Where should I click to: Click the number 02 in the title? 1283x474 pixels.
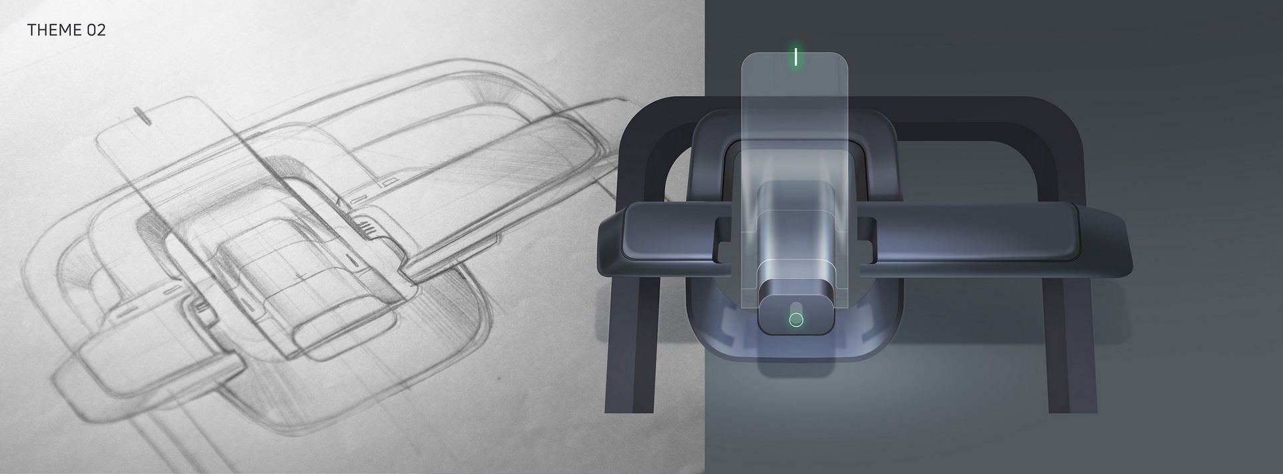pyautogui.click(x=96, y=30)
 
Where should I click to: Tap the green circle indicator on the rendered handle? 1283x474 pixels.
pyautogui.click(x=795, y=320)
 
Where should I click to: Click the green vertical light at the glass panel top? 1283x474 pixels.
pyautogui.click(x=795, y=57)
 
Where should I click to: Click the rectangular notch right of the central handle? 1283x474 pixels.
pyautogui.click(x=866, y=237)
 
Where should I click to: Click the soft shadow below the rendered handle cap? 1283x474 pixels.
pyautogui.click(x=795, y=364)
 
